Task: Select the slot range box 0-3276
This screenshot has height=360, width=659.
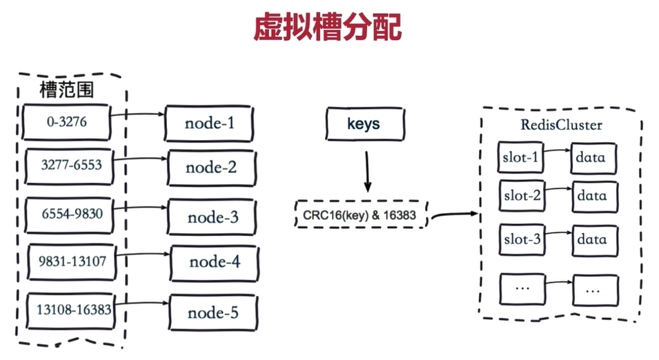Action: [x=67, y=122]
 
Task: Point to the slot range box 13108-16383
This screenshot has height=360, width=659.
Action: [x=74, y=310]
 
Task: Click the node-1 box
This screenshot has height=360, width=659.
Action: [x=209, y=123]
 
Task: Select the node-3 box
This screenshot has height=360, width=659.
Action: [x=213, y=218]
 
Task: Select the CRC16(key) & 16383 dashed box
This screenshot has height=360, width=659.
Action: [x=360, y=215]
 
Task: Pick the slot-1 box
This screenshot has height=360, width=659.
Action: [x=522, y=157]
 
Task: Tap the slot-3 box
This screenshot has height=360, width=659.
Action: [x=522, y=239]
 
